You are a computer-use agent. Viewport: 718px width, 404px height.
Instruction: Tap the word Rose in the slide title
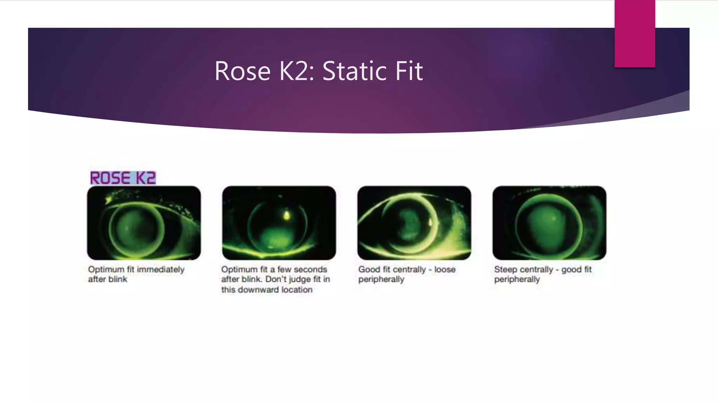pos(242,71)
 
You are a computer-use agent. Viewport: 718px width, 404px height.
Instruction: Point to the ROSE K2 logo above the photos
pos(123,178)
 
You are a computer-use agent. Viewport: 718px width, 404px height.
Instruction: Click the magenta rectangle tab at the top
pos(635,33)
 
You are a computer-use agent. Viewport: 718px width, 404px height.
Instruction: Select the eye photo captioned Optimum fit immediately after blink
pos(144,223)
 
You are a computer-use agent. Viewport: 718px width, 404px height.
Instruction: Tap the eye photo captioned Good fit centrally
pos(414,223)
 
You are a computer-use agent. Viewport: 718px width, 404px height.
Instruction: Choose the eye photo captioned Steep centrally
pos(549,223)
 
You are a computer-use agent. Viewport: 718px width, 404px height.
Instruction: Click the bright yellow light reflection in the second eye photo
pos(287,215)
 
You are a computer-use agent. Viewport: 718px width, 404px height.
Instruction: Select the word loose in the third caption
pos(445,269)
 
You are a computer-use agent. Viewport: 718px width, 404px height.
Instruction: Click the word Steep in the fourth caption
pos(506,269)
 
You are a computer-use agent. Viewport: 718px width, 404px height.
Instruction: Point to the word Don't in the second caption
pos(276,279)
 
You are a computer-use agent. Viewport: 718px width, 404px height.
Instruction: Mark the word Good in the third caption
pos(369,269)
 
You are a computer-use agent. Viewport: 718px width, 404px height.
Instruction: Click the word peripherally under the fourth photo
pos(517,280)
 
